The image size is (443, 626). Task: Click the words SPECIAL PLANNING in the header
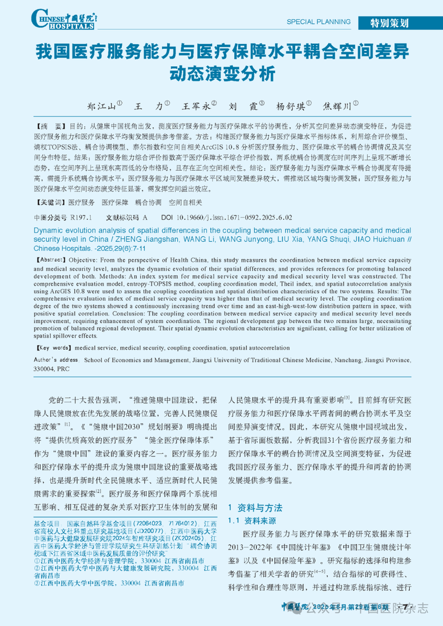[x=318, y=22]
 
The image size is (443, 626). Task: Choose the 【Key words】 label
[x=54, y=348]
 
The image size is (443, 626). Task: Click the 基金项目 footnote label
[x=46, y=523]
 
